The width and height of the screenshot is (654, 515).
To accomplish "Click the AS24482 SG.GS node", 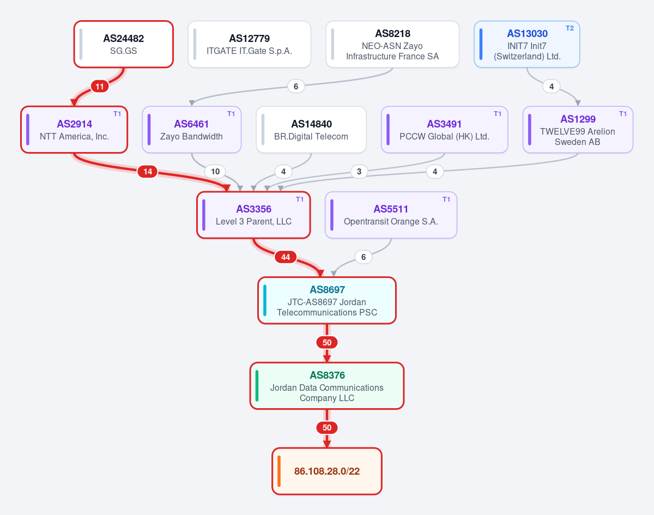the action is (x=123, y=44).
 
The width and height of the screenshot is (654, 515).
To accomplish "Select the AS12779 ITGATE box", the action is (x=249, y=44).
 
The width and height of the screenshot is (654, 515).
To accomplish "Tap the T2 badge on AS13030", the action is (x=570, y=28).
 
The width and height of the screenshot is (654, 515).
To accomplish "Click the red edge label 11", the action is (x=100, y=86).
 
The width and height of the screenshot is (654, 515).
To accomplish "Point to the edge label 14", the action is (x=148, y=172).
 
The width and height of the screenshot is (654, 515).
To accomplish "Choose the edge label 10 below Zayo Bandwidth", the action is (x=215, y=172).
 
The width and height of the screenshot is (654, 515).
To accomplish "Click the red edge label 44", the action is (x=286, y=257).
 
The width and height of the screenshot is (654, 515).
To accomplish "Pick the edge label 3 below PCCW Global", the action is (x=359, y=172).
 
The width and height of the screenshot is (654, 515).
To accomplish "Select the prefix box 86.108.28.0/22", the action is (x=326, y=471).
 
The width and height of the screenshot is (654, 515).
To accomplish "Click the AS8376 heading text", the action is (x=327, y=375).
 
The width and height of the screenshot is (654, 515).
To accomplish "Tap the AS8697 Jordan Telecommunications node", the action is (x=326, y=300).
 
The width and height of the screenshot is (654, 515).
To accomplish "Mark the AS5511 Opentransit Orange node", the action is (x=391, y=215).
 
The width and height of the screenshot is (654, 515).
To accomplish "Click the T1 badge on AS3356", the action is (x=300, y=199).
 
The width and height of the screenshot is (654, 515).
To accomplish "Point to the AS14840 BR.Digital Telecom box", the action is (x=311, y=130).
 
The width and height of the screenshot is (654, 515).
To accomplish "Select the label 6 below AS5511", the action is (x=363, y=257).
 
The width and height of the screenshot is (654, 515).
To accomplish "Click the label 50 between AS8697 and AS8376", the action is (x=326, y=343).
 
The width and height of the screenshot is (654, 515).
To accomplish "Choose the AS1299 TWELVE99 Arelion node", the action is (x=578, y=130).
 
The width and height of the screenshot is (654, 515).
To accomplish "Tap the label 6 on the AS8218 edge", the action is (x=296, y=86).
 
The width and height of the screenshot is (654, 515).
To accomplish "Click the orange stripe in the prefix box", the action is (x=279, y=471).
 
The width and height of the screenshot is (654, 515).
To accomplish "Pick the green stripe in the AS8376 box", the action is (x=257, y=385).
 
